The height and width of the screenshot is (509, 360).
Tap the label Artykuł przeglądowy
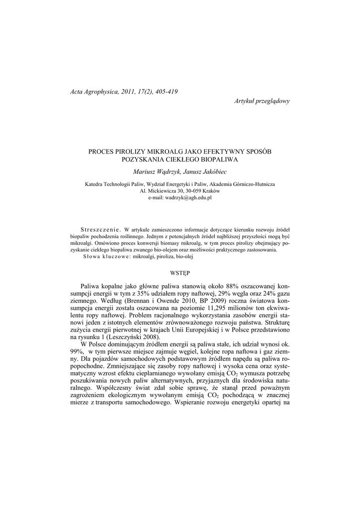pyautogui.click(x=262, y=101)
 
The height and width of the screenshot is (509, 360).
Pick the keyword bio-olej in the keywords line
pyautogui.click(x=183, y=257)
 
